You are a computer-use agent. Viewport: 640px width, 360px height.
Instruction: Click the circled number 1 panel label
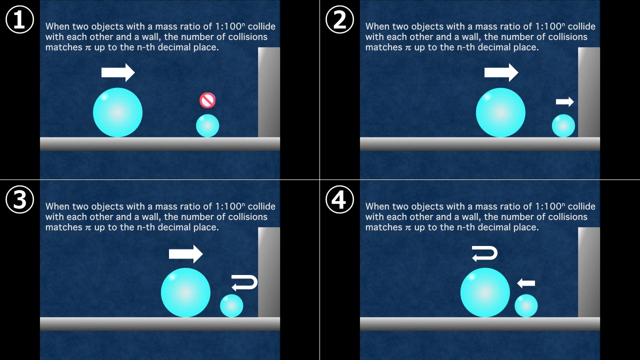pyautogui.click(x=19, y=19)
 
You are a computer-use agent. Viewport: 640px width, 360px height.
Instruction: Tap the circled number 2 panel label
pyautogui.click(x=339, y=19)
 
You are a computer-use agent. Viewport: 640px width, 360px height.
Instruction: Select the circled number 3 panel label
pyautogui.click(x=19, y=199)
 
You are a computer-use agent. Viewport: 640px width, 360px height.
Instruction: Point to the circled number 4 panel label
pyautogui.click(x=339, y=199)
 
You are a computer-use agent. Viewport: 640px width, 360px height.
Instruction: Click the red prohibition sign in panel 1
pyautogui.click(x=207, y=100)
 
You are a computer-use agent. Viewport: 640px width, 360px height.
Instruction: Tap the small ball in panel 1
pyautogui.click(x=207, y=125)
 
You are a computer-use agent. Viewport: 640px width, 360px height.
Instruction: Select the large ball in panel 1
pyautogui.click(x=117, y=112)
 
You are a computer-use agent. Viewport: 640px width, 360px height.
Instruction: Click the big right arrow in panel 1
pyautogui.click(x=118, y=72)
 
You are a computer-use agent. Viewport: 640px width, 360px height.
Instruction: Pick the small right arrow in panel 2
pyautogui.click(x=565, y=101)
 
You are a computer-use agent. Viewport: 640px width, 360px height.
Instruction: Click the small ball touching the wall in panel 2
pyautogui.click(x=563, y=125)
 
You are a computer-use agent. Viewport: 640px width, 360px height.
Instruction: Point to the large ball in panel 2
pyautogui.click(x=500, y=112)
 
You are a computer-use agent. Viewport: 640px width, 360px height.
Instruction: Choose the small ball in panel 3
pyautogui.click(x=231, y=305)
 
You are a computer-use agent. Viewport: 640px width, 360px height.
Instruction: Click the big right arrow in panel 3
pyautogui.click(x=185, y=253)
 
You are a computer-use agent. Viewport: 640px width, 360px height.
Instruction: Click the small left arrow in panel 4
pyautogui.click(x=526, y=283)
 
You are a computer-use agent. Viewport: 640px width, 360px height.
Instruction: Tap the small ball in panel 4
pyautogui.click(x=526, y=305)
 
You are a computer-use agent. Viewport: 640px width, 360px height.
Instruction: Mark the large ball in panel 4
pyautogui.click(x=485, y=292)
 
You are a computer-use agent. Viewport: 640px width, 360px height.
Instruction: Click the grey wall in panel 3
pyautogui.click(x=269, y=272)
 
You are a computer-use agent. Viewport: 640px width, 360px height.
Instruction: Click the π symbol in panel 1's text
pyautogui.click(x=88, y=47)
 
